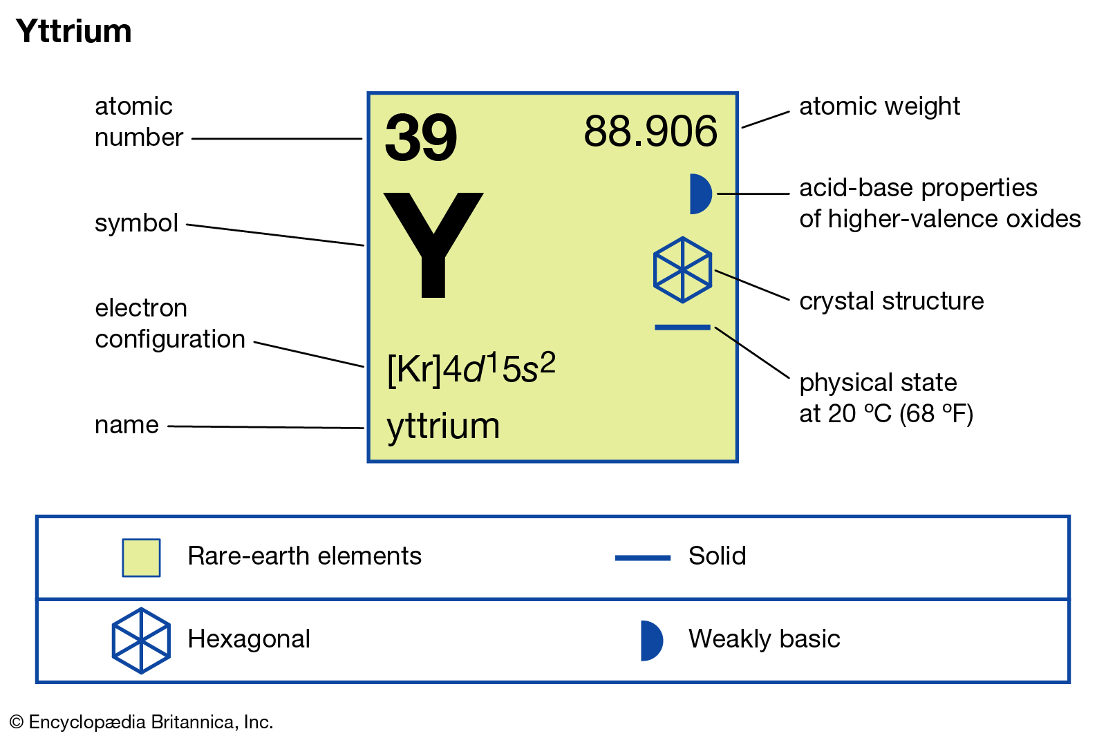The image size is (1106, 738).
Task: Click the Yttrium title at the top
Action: click(x=73, y=32)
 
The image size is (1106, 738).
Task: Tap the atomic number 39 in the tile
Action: click(x=421, y=138)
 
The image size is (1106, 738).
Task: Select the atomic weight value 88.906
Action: click(x=650, y=131)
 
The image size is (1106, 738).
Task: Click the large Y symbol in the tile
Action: click(x=433, y=245)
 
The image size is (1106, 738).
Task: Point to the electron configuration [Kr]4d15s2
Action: click(x=471, y=368)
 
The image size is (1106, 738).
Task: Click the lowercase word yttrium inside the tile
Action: click(x=443, y=426)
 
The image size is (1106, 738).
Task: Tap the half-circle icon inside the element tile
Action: click(x=701, y=194)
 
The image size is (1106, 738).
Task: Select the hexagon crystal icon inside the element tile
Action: click(x=682, y=269)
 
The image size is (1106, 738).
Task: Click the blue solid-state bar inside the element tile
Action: click(x=682, y=328)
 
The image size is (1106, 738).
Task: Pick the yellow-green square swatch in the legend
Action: click(x=141, y=558)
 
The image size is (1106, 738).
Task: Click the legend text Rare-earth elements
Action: click(x=305, y=556)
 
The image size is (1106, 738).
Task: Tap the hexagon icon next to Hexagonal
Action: click(x=141, y=641)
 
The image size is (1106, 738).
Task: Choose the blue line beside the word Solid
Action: click(x=642, y=558)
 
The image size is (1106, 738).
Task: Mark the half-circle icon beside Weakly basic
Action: click(x=651, y=641)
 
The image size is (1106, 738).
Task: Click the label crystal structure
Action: click(x=891, y=301)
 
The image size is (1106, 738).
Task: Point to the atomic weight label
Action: click(x=879, y=106)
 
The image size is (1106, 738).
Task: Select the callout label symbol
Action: click(x=136, y=223)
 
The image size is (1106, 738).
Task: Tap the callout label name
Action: click(x=127, y=425)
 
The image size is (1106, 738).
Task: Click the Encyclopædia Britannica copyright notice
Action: click(x=141, y=722)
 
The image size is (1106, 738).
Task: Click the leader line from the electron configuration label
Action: click(x=308, y=354)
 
